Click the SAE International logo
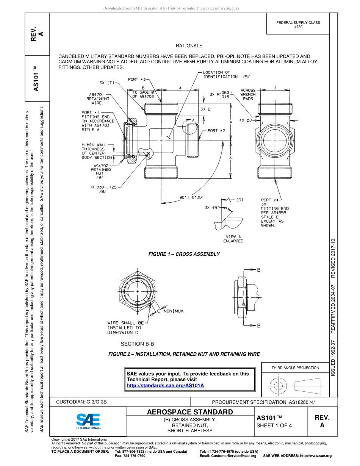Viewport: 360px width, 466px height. click(88, 421)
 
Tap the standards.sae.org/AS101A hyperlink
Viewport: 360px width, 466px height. click(165, 385)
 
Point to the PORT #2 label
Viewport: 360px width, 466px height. click(217, 130)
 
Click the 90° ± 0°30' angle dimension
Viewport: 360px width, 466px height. click(192, 197)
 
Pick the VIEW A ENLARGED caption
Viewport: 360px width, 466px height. click(233, 239)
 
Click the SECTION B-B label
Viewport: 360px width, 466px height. click(137, 344)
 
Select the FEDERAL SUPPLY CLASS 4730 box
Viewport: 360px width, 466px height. click(298, 25)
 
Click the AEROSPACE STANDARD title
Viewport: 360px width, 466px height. click(190, 412)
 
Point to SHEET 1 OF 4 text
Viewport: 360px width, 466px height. click(274, 425)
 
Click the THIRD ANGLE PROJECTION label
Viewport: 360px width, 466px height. click(295, 367)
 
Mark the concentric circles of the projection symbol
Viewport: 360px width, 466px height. click(279, 386)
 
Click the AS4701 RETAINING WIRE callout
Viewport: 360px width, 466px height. click(99, 99)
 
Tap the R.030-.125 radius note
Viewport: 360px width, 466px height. click(103, 189)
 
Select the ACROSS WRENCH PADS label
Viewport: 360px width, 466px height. click(248, 94)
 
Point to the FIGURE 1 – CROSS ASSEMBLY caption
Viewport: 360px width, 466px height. click(184, 254)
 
